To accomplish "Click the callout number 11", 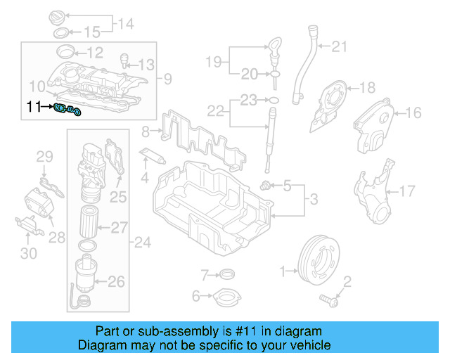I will point(33,107).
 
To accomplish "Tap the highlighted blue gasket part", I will point(70,109).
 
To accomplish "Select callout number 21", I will point(340,47).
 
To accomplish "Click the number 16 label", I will point(413,112).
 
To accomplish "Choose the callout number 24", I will point(143,243).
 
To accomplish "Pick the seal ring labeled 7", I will point(226,274).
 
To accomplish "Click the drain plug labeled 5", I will point(266,186).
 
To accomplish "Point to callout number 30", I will point(28,252).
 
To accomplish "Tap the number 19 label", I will point(214,62).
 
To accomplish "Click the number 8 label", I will point(146,130).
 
